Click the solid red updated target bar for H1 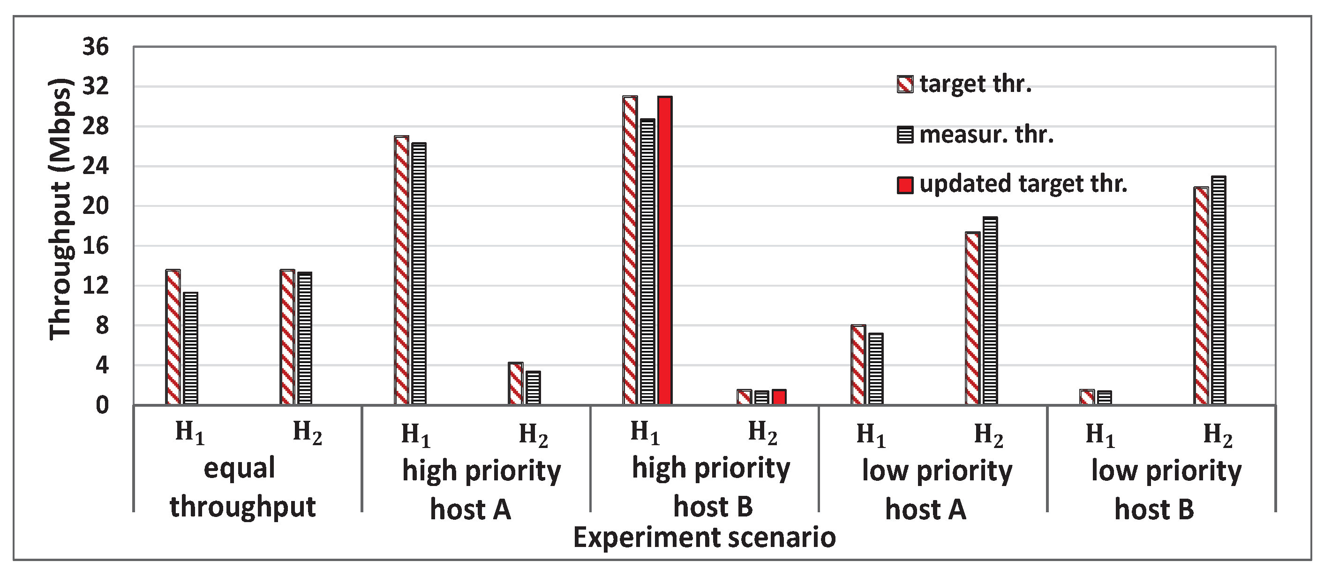pos(664,251)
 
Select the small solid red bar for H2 pos(779,397)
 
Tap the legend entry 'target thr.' pos(965,84)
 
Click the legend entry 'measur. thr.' pos(976,135)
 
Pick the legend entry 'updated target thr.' pos(1013,184)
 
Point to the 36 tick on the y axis pos(96,47)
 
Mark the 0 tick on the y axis pos(102,406)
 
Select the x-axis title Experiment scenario pos(704,538)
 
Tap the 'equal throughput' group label pos(241,487)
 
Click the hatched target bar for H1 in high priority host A pos(401,271)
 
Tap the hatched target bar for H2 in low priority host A pos(972,319)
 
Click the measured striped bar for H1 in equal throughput pos(190,349)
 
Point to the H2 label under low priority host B pos(1218,434)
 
